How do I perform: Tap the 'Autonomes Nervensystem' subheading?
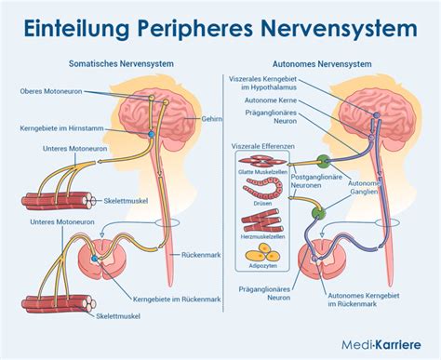pyautogui.click(x=326, y=64)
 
